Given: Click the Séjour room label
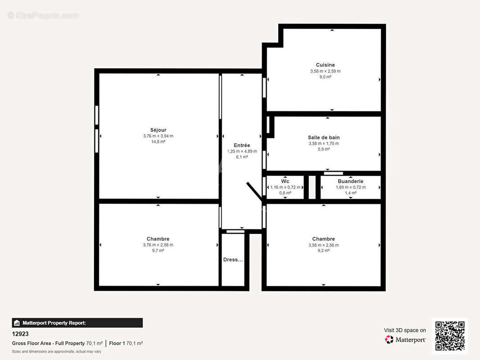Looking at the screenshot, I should coord(158,130).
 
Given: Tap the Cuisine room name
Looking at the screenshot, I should coord(325,65).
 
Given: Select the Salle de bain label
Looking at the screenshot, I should coord(324,138).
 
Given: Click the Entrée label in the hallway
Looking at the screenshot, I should coord(242,145).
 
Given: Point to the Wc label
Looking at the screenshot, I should coord(285,181).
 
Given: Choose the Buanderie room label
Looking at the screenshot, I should coord(350,181).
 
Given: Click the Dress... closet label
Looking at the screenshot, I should coord(233,260).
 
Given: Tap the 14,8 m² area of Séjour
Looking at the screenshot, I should coord(158,142).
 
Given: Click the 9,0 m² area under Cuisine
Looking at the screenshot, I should coord(325,77).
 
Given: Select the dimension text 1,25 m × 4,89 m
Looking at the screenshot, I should coord(242,152).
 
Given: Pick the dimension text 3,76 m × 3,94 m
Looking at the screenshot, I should coord(158,136).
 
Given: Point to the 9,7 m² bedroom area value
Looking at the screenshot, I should coord(158,251).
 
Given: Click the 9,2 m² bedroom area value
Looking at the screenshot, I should coord(324,251).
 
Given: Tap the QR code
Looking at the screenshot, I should coord(450,336).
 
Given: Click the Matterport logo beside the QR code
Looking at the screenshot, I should coord(405,340).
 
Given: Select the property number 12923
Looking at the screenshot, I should coord(20,334).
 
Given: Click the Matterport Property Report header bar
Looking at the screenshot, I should coord(77,323).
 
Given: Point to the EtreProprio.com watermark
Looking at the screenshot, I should coord(43,16).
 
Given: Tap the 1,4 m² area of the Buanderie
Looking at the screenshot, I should coord(350,193).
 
